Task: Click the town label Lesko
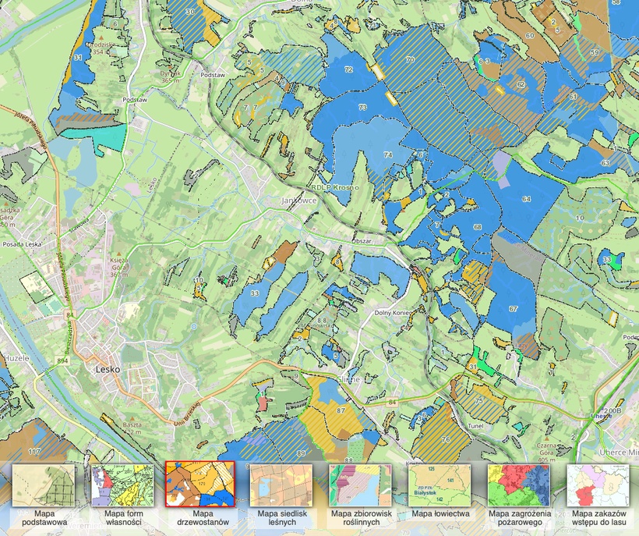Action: click(x=105, y=369)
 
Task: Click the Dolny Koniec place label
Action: click(x=393, y=314)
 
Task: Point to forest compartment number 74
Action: click(x=387, y=154)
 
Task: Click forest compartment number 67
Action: click(x=513, y=309)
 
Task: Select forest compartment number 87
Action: click(x=341, y=410)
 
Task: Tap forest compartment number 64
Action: click(x=527, y=200)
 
